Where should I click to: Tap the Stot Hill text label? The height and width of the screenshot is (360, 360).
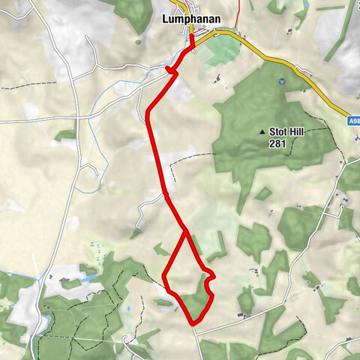click(296, 131)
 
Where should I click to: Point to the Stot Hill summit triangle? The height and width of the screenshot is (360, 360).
click(262, 132)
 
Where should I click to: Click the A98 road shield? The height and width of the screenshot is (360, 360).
click(353, 119)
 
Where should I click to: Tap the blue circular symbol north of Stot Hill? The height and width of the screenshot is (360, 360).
click(281, 81)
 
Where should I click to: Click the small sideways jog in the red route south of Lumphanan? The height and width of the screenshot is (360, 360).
click(172, 71)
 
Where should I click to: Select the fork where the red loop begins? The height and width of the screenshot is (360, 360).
click(186, 232)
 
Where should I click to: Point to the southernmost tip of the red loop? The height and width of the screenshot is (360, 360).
click(193, 323)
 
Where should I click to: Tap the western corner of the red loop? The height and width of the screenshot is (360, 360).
click(164, 277)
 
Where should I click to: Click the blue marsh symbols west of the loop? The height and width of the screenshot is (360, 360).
click(93, 247)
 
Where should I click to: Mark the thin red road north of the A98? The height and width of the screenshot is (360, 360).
click(238, 15)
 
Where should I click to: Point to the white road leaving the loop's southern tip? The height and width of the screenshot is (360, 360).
click(199, 341)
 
